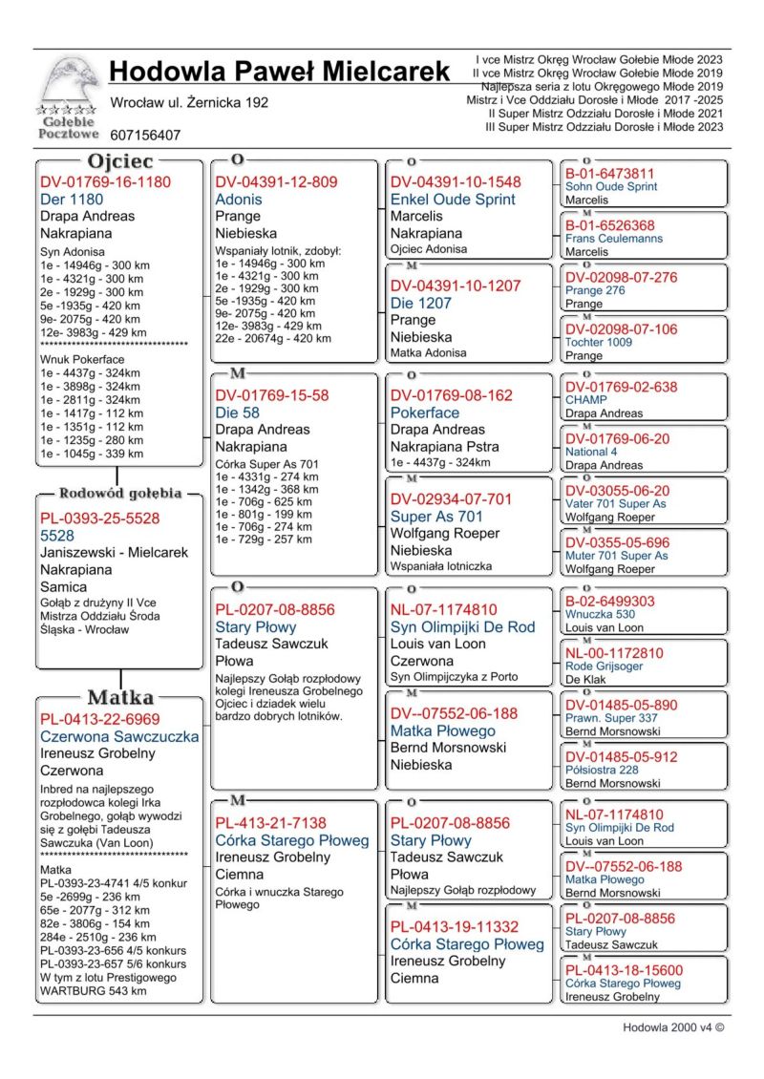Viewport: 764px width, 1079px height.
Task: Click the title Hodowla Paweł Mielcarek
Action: pos(279,72)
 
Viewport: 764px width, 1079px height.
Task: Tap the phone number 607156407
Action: pos(145,136)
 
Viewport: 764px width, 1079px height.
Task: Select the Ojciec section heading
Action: pos(121,160)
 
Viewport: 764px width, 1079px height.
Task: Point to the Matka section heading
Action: pos(121,696)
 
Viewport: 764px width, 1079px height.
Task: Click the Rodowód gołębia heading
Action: pos(120,494)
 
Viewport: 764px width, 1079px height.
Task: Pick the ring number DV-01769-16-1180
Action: pos(105,181)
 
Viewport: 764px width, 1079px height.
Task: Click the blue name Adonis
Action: pos(239,200)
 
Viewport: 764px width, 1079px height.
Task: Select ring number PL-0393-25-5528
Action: pos(100,518)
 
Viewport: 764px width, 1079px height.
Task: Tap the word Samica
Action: pos(63,587)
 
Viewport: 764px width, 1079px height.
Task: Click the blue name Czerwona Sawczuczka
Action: pos(119,736)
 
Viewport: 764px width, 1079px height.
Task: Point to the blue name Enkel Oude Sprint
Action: pos(453,200)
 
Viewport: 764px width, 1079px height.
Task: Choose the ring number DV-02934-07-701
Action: pos(451,498)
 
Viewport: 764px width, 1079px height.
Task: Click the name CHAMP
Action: pos(586,400)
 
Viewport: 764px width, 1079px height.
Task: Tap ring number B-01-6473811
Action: pos(610,174)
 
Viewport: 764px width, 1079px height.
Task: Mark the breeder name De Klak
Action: pos(586,681)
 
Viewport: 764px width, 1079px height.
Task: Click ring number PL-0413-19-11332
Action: pos(454,926)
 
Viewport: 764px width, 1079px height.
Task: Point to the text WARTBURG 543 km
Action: pos(93,991)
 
